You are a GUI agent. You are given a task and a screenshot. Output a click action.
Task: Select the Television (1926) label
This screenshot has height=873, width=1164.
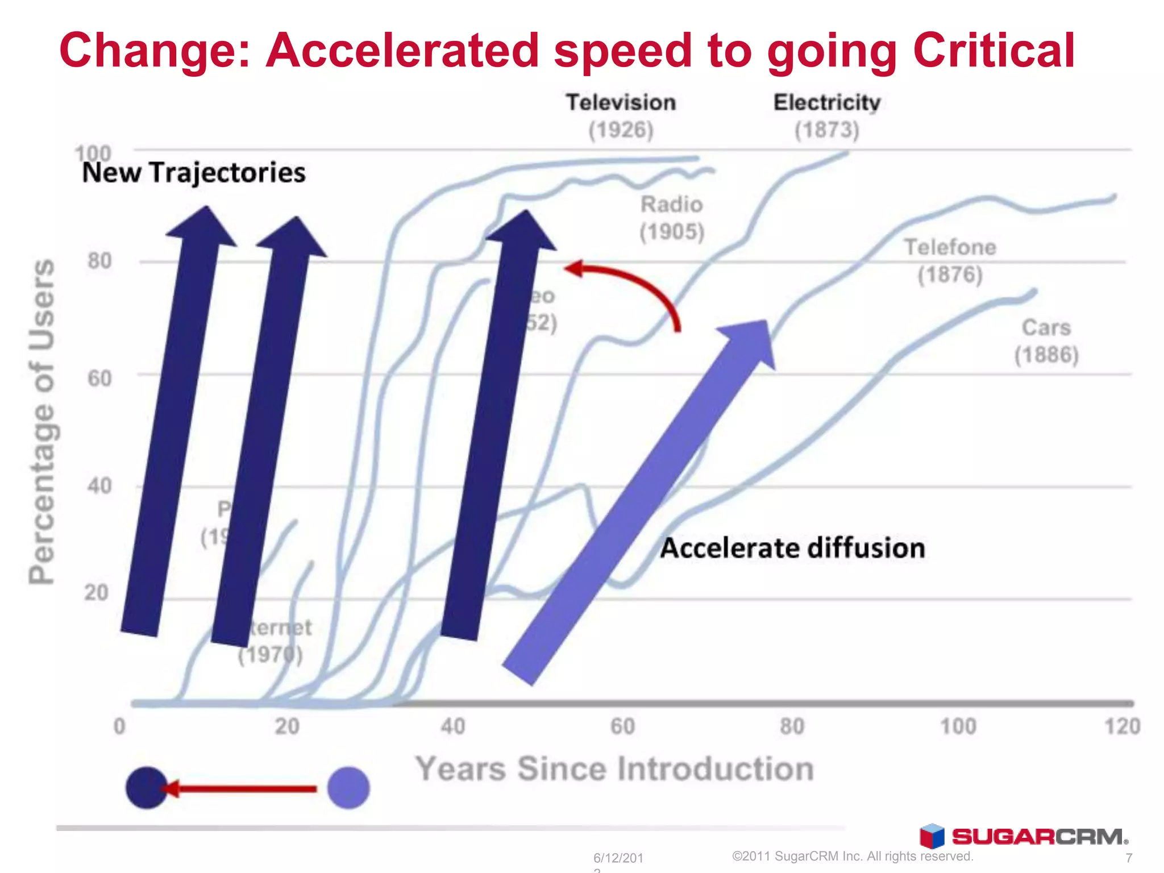621,116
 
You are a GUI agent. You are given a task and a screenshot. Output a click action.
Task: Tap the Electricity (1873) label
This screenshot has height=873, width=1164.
826,116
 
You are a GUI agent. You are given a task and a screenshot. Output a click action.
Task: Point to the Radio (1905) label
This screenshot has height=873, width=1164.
672,218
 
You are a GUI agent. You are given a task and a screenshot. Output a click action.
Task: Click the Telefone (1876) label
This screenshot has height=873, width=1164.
950,261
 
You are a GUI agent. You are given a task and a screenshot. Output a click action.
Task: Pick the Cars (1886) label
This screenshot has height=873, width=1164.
1046,341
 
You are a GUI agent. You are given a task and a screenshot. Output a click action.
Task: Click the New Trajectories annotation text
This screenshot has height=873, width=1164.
194,173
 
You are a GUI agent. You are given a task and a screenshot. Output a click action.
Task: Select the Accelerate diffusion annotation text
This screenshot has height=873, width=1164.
792,548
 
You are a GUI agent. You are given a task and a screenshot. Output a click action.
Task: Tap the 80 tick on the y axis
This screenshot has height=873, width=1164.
99,261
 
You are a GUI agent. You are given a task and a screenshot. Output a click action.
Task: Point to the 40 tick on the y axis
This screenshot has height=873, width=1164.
99,486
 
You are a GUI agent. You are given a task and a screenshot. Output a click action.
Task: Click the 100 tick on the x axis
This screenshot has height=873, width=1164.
958,726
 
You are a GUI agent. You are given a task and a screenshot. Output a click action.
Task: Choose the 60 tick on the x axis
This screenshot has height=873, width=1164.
622,726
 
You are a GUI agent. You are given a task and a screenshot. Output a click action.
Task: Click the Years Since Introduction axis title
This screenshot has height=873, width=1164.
614,769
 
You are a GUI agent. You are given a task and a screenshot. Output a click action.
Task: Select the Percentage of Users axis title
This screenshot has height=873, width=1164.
42,421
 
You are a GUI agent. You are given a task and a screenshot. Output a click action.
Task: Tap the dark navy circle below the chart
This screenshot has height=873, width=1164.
146,788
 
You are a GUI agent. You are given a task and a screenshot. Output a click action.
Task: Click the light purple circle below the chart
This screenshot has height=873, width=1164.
348,788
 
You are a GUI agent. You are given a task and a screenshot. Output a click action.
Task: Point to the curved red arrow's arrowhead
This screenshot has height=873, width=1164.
574,268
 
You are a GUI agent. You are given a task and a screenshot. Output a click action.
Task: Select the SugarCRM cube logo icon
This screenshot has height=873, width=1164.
932,836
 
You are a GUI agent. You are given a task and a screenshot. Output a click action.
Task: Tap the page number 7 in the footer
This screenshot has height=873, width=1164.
1129,858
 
